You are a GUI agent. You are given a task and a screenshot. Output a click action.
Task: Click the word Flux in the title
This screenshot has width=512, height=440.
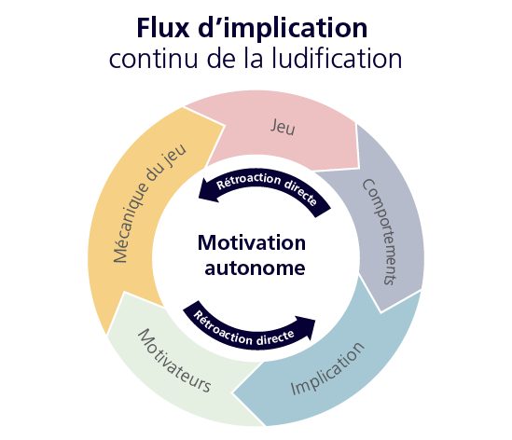tap(163, 28)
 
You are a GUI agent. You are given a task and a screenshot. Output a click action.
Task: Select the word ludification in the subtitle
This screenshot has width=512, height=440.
tap(337, 58)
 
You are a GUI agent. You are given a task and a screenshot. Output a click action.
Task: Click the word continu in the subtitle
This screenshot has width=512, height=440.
tap(154, 59)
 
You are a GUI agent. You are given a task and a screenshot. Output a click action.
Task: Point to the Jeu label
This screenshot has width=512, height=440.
tap(283, 127)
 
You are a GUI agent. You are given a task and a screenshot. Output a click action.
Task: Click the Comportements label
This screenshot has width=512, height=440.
tap(381, 232)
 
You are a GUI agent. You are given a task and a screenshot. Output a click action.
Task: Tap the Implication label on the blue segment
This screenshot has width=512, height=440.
tap(327, 368)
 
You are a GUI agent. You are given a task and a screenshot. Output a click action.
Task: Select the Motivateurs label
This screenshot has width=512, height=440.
tap(174, 361)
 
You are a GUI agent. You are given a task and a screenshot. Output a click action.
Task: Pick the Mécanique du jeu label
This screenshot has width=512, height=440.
tap(149, 203)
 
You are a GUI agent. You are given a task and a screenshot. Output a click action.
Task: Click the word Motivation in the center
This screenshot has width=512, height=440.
tap(252, 243)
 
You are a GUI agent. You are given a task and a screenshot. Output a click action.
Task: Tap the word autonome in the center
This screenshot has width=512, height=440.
tap(255, 268)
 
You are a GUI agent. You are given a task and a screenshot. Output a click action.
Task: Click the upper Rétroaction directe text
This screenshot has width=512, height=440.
tap(267, 189)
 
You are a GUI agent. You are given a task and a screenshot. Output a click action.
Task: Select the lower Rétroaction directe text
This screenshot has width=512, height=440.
tap(243, 328)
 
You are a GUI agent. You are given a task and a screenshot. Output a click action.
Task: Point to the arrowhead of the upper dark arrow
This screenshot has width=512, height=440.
tap(199, 197)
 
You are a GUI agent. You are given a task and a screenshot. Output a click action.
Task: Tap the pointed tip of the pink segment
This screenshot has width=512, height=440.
tap(358, 167)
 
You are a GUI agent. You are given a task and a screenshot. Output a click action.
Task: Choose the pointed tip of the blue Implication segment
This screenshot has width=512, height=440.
tap(233, 392)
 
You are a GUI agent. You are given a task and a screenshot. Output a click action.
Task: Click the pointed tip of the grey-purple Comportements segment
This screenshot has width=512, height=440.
tap(381, 312)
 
